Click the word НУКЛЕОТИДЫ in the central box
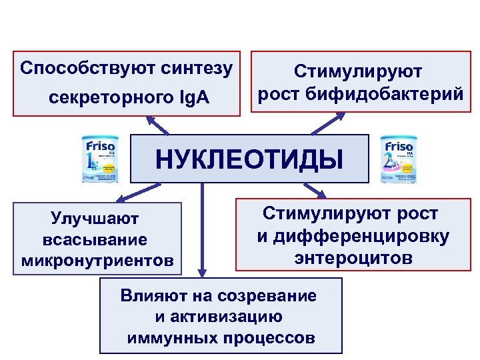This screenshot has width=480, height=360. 249,160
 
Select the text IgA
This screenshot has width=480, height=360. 193,99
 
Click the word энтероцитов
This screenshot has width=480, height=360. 353,257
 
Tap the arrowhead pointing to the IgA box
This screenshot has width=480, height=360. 150,120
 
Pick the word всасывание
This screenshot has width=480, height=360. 94,239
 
